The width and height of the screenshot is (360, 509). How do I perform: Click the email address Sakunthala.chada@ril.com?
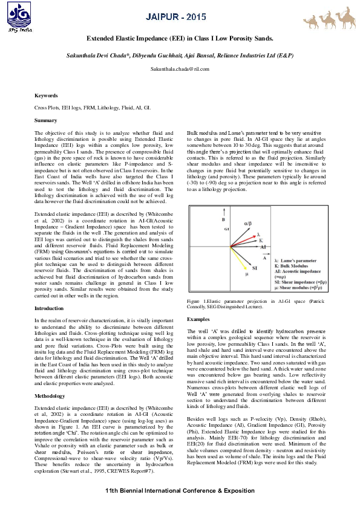click(x=180, y=70)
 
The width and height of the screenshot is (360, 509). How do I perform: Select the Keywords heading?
click(x=46, y=96)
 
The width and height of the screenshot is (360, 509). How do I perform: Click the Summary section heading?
click(x=45, y=120)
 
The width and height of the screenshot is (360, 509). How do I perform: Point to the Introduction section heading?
click(x=49, y=308)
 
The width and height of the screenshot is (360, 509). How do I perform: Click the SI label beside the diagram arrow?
click(x=255, y=267)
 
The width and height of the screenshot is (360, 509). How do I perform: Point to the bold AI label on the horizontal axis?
click(x=263, y=247)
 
